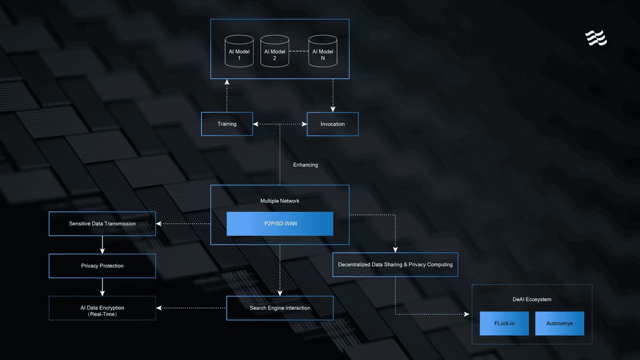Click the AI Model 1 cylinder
coord(239,51)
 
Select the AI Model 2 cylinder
coord(274,51)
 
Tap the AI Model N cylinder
coord(322,51)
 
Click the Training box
coord(227,124)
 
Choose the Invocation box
coord(332,124)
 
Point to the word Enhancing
coord(305,165)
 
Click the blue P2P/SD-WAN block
coord(279,223)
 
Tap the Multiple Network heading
coord(279,201)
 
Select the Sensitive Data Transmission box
coord(102,223)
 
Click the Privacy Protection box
coord(102,265)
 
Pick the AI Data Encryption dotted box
coord(102,308)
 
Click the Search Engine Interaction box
coord(279,308)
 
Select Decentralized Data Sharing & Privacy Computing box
coord(395,264)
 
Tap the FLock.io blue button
coord(504,323)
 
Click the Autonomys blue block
coord(559,323)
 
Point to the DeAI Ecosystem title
coord(531,299)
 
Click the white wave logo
coord(596,38)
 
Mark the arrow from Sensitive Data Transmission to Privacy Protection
coord(102,245)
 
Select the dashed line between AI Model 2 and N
coord(299,51)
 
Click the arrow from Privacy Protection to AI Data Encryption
coord(102,287)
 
